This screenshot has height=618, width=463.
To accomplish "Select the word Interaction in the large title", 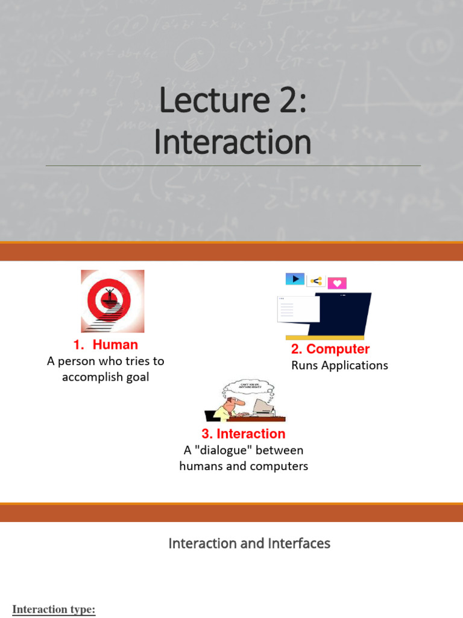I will tap(233, 143).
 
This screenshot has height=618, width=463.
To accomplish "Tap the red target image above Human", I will tap(113, 301).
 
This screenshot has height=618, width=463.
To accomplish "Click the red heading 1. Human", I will tap(106, 345).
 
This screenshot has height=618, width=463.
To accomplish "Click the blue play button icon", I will tap(295, 279).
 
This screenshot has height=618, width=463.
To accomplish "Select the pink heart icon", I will tap(337, 283).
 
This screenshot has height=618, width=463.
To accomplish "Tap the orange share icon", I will tap(316, 281).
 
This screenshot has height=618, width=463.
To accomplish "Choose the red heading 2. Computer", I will tap(330, 349).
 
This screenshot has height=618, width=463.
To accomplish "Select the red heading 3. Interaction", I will tap(244, 433).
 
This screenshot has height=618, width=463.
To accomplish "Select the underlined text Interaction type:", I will tap(54, 609).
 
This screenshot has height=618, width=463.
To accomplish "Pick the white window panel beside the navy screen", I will tap(298, 309).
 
